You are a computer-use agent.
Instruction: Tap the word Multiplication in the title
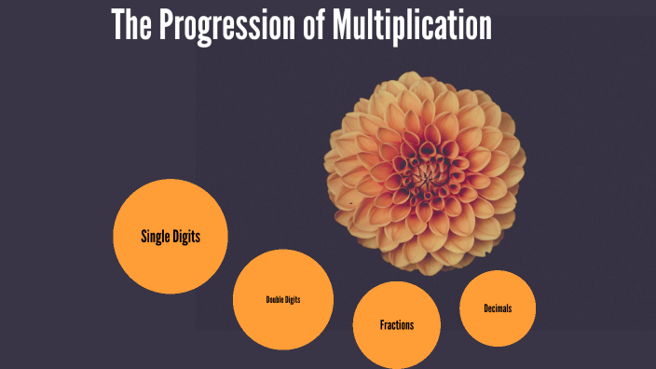[411, 26]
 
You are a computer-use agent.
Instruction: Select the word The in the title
[131, 26]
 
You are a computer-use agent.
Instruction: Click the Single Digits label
[171, 237]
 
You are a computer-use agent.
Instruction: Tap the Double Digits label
[283, 300]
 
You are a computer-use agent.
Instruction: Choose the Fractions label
[397, 325]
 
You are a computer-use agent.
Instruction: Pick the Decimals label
[498, 308]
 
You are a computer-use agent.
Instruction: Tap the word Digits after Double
[293, 300]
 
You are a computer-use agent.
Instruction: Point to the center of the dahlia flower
[427, 173]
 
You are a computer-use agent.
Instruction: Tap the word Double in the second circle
[274, 300]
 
